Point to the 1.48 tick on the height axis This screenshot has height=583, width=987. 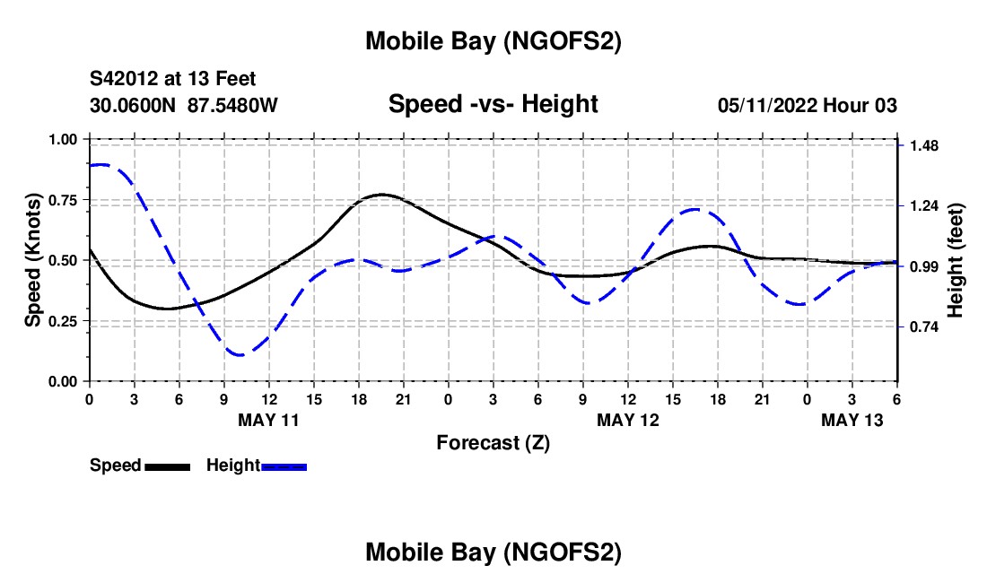pyautogui.click(x=923, y=145)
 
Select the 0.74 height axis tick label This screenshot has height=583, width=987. pyautogui.click(x=923, y=327)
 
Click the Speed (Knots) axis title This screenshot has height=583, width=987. pyautogui.click(x=33, y=260)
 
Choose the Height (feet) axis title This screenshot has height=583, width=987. pyautogui.click(x=955, y=260)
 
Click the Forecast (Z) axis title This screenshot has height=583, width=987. pyautogui.click(x=493, y=442)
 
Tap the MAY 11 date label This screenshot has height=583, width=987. pyautogui.click(x=268, y=419)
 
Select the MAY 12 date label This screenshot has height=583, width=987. pyautogui.click(x=628, y=419)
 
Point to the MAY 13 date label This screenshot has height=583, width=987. pyautogui.click(x=852, y=419)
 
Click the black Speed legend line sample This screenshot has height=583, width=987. pyautogui.click(x=167, y=466)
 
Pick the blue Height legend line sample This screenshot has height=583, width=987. pyautogui.click(x=284, y=466)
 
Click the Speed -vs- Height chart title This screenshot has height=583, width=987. pyautogui.click(x=493, y=104)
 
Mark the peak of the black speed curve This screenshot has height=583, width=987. pyautogui.click(x=382, y=194)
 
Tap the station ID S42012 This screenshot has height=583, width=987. pyautogui.click(x=130, y=80)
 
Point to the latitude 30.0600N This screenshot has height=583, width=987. pyautogui.click(x=135, y=105)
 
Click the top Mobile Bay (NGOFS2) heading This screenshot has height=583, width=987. pyautogui.click(x=493, y=41)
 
